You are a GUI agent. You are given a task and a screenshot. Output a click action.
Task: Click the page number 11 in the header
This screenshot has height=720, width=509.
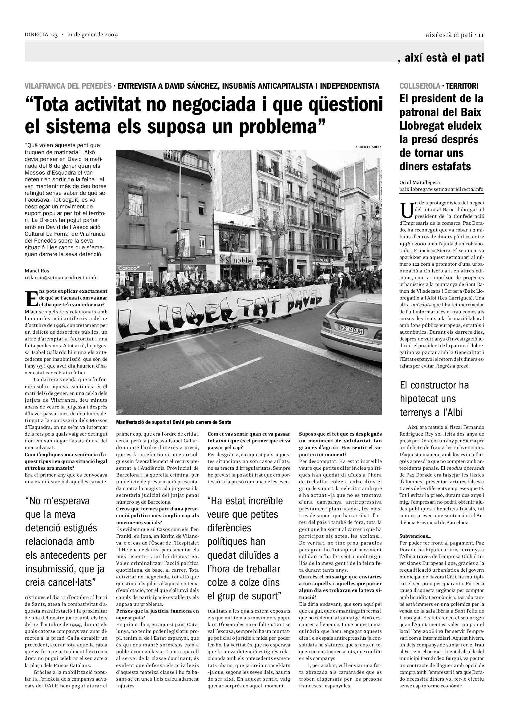[x=481, y=35]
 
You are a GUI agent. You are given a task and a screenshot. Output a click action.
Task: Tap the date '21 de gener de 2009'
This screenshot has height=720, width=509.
[x=93, y=35]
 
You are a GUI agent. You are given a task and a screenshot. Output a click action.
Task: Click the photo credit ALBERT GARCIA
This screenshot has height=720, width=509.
[x=368, y=147]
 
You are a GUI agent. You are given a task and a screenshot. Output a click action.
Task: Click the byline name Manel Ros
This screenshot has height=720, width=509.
[x=37, y=271]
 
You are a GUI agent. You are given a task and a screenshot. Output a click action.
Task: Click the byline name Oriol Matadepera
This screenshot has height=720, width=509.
[x=419, y=182]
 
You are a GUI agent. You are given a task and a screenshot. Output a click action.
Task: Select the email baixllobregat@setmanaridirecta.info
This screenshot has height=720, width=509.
[x=441, y=189]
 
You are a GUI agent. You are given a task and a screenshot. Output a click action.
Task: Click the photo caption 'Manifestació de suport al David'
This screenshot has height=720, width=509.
[x=173, y=422]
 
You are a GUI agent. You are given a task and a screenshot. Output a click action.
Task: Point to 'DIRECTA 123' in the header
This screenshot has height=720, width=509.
[x=41, y=35]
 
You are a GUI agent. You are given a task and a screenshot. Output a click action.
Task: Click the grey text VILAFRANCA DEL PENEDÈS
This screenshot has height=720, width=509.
[x=68, y=86]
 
